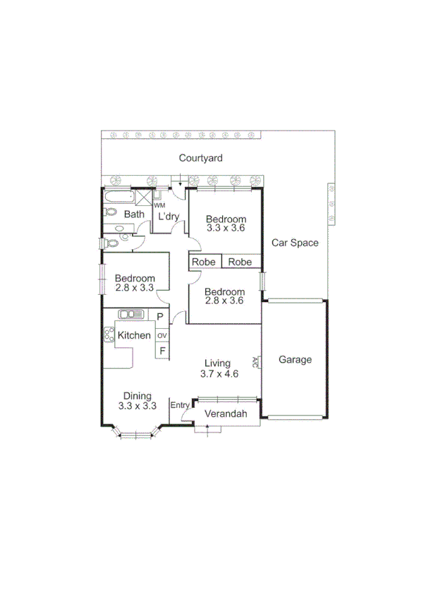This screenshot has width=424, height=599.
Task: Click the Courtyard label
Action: pyautogui.click(x=200, y=158)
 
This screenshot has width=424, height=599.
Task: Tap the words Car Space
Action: pyautogui.click(x=295, y=243)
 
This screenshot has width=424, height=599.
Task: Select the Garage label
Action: pyautogui.click(x=295, y=359)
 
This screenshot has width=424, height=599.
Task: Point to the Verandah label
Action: pyautogui.click(x=226, y=414)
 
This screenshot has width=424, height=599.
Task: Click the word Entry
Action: pyautogui.click(x=180, y=405)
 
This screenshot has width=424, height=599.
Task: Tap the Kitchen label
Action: pyautogui.click(x=134, y=335)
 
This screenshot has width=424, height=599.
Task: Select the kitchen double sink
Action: pyautogui.click(x=132, y=315)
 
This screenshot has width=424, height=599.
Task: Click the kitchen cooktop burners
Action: pyautogui.click(x=109, y=335)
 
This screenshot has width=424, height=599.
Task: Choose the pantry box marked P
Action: pyautogui.click(x=161, y=317)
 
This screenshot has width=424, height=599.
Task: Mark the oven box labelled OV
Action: pyautogui.click(x=162, y=335)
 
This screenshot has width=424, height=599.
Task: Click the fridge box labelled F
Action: pyautogui.click(x=162, y=351)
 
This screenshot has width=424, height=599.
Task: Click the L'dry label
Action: pyautogui.click(x=168, y=216)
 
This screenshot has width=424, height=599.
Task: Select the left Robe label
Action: pyautogui.click(x=204, y=262)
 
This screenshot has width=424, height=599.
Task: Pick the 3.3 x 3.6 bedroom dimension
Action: pyautogui.click(x=226, y=227)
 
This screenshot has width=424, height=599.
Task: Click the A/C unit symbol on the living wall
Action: pyautogui.click(x=259, y=362)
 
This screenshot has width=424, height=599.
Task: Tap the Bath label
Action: pyautogui.click(x=134, y=214)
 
